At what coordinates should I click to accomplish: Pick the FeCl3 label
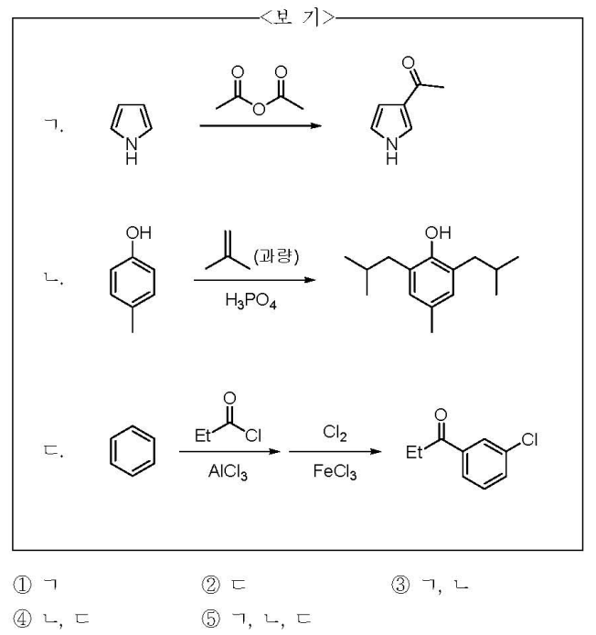coord(335,475)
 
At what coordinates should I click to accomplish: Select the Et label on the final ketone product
coord(417,451)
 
